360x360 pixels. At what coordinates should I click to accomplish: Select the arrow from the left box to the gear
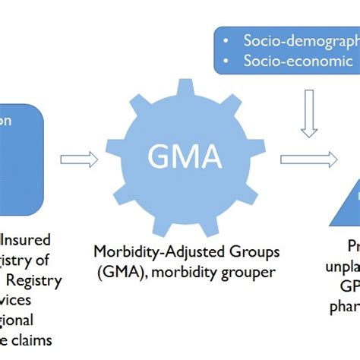[x=78, y=159]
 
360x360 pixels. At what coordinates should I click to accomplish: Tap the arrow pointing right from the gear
[x=308, y=159]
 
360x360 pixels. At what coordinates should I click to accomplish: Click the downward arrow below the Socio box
[x=308, y=113]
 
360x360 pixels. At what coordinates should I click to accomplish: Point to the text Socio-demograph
[x=301, y=40]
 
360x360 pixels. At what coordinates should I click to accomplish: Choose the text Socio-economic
[x=298, y=62]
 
